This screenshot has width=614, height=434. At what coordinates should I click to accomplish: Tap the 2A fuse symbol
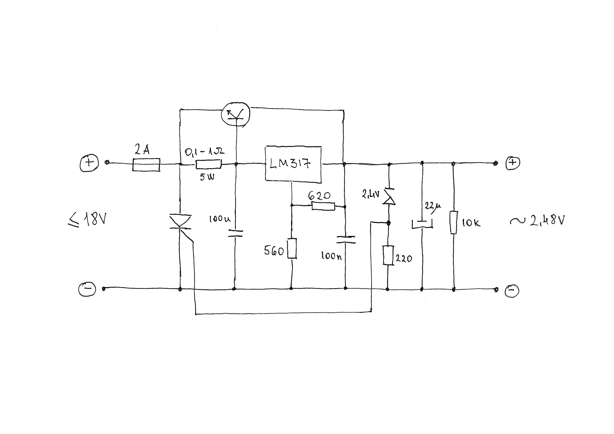pos(146,164)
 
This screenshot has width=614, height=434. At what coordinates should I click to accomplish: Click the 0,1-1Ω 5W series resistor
pos(209,164)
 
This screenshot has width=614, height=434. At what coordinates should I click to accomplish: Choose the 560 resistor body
pos(292,248)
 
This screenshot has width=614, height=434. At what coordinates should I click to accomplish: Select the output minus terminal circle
pos(512,291)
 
